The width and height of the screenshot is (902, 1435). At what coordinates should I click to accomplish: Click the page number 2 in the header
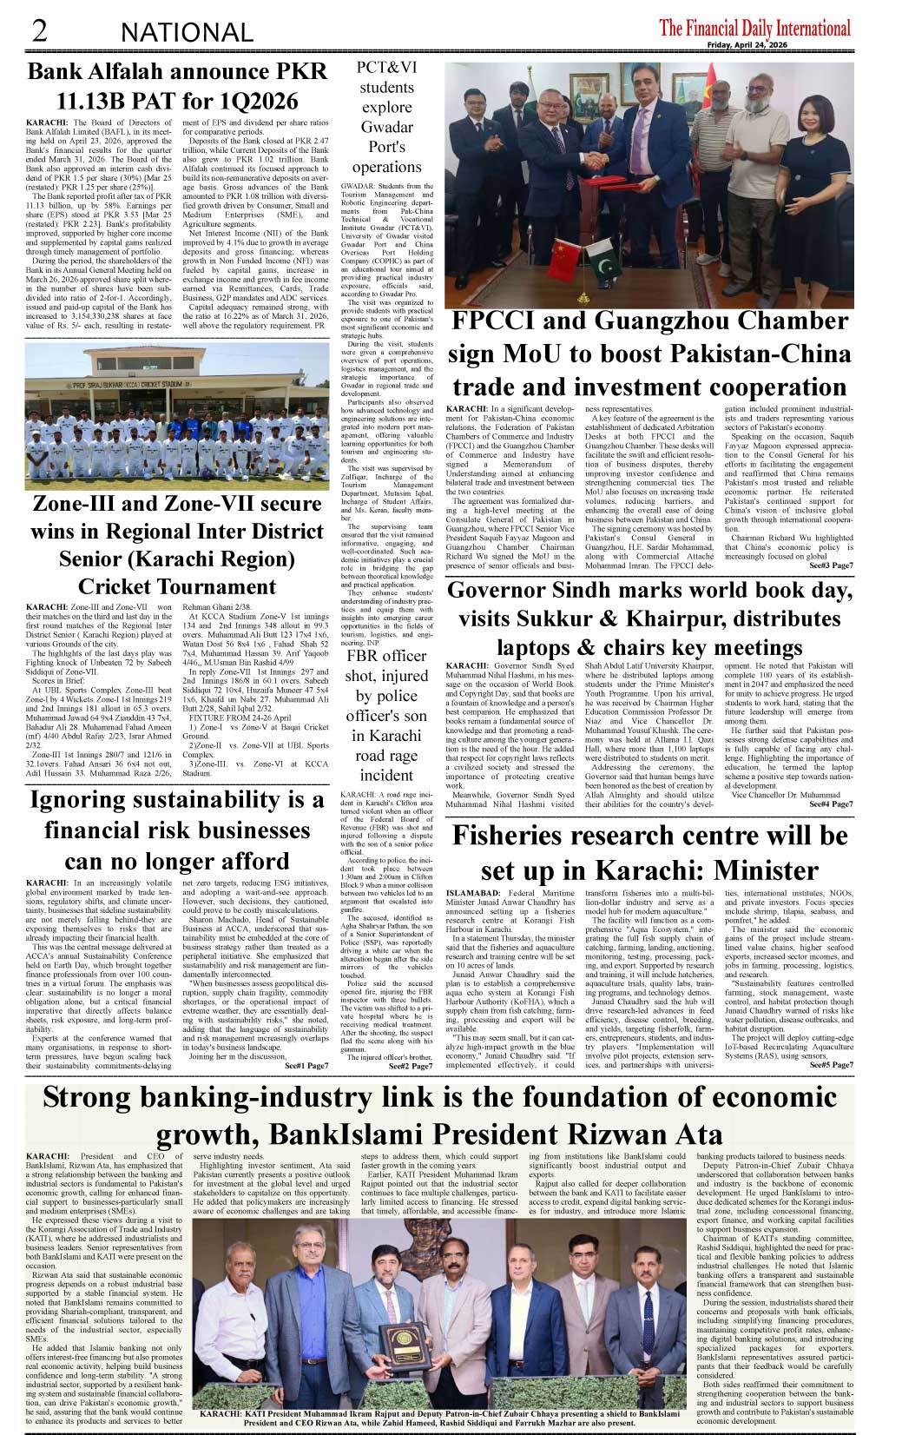point(38,32)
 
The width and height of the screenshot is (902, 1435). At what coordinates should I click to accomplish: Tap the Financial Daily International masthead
point(754,29)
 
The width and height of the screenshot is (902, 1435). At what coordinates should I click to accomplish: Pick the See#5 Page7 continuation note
point(831,1065)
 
